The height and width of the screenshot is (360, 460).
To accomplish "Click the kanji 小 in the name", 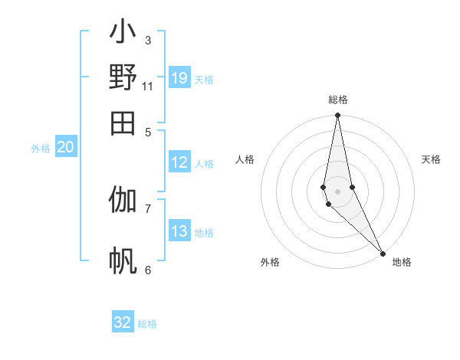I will (123, 34).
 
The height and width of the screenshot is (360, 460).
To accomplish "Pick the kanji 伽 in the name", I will (123, 201).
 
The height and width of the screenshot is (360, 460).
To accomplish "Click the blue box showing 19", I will (179, 78).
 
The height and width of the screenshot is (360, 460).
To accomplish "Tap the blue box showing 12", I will (179, 162).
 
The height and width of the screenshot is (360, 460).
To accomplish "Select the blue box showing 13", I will (179, 231).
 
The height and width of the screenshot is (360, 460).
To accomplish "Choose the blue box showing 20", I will (65, 148).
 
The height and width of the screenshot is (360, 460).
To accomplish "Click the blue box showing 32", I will (123, 322).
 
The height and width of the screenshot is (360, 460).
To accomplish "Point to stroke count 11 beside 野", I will (148, 86).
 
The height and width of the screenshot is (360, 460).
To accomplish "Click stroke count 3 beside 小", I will (148, 40).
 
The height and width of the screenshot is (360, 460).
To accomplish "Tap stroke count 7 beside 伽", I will (148, 208).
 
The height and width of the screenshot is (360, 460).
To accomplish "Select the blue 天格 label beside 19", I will (204, 80).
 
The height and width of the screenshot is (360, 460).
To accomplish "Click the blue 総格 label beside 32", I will (147, 324).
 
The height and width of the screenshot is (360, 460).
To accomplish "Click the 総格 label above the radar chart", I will (337, 100).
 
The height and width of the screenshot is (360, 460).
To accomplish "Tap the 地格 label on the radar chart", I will (402, 262).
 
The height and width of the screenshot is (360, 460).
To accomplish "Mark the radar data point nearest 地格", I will (383, 253).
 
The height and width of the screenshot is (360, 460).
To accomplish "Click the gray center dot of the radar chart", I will (337, 191).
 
